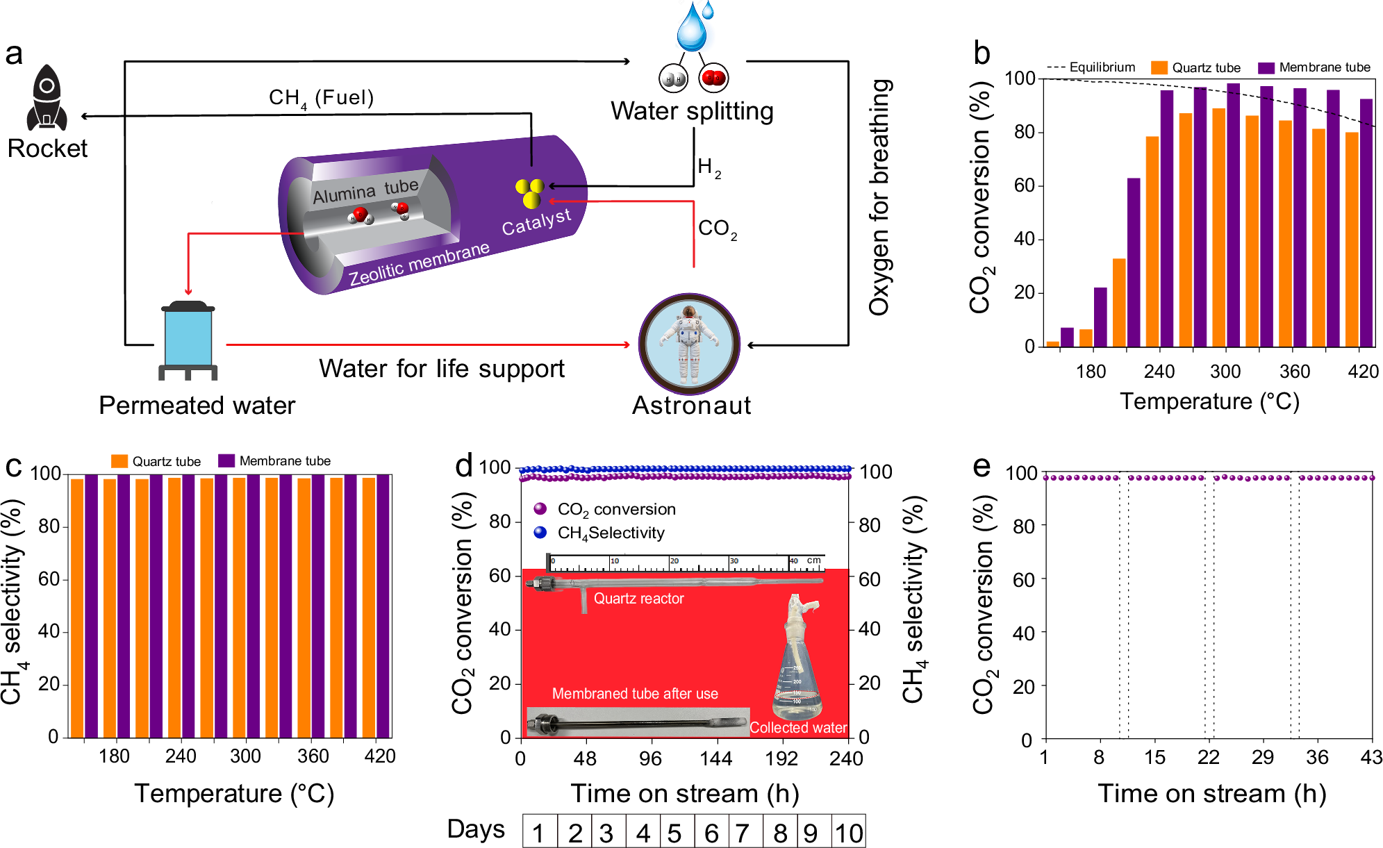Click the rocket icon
pyautogui.click(x=47, y=99)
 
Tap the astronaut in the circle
pyautogui.click(x=689, y=344)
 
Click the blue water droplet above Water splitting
pyautogui.click(x=692, y=28)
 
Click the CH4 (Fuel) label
pyautogui.click(x=321, y=98)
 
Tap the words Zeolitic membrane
pyautogui.click(x=419, y=264)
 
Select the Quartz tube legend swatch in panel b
pyautogui.click(x=1159, y=67)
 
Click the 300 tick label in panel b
pyautogui.click(x=1225, y=372)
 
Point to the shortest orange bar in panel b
pyautogui.click(x=1052, y=343)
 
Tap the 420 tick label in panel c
pyautogui.click(x=380, y=756)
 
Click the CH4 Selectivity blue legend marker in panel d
pyautogui.click(x=540, y=533)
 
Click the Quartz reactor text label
pyautogui.click(x=638, y=599)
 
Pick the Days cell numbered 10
pyautogui.click(x=849, y=833)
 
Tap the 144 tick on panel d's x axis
pyautogui.click(x=715, y=758)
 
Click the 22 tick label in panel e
pyautogui.click(x=1209, y=758)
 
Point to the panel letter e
pyautogui.click(x=981, y=467)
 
